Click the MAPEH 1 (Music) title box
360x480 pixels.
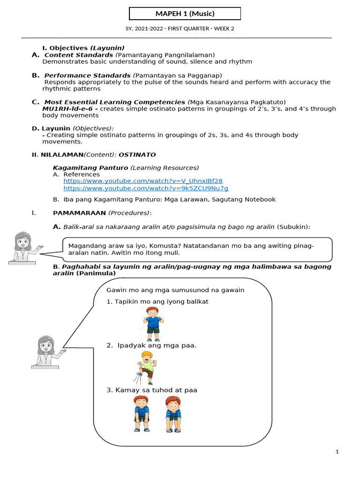pos(185,14)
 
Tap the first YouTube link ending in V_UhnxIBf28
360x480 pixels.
pos(143,181)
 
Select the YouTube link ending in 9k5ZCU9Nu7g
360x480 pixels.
pos(146,188)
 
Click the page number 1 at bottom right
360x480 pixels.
pos(337,451)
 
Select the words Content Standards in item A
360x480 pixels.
pos(79,55)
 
